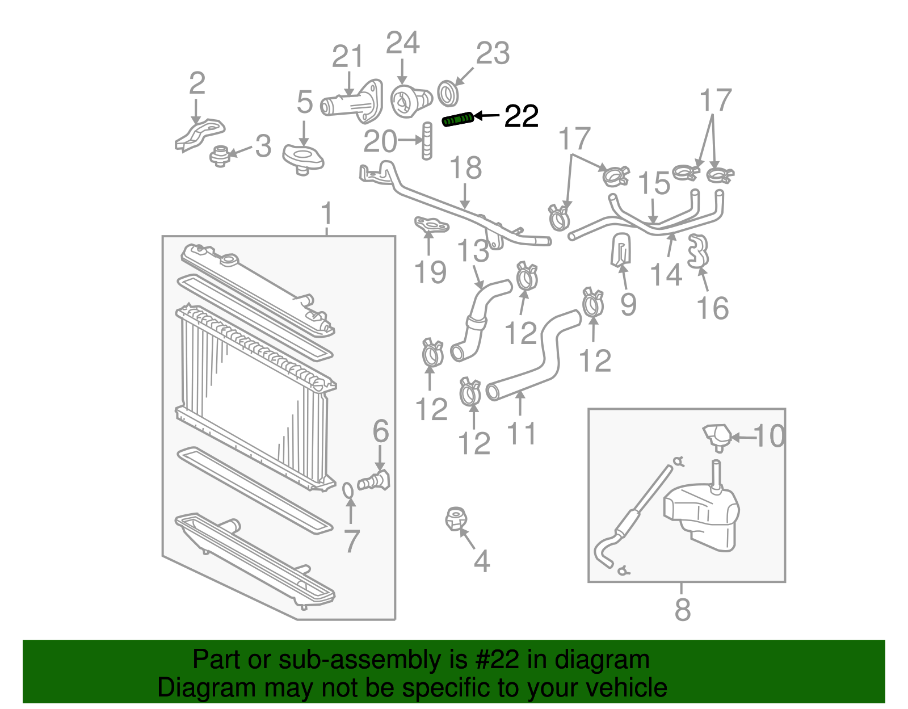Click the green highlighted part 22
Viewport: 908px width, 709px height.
[x=457, y=120]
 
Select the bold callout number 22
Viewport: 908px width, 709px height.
[x=521, y=116]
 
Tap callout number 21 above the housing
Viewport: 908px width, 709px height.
[x=347, y=57]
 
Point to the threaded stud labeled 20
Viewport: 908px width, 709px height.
[x=427, y=141]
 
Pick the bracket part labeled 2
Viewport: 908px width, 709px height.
[x=199, y=135]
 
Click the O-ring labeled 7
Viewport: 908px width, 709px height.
[x=349, y=489]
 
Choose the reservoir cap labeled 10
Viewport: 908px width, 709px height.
[x=717, y=435]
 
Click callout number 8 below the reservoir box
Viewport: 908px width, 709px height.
[x=683, y=610]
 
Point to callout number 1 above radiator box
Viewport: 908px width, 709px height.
[x=326, y=214]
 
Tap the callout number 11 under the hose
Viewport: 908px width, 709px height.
[x=521, y=434]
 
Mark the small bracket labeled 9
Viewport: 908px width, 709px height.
[x=621, y=249]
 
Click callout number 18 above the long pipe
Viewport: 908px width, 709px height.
[x=465, y=168]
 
